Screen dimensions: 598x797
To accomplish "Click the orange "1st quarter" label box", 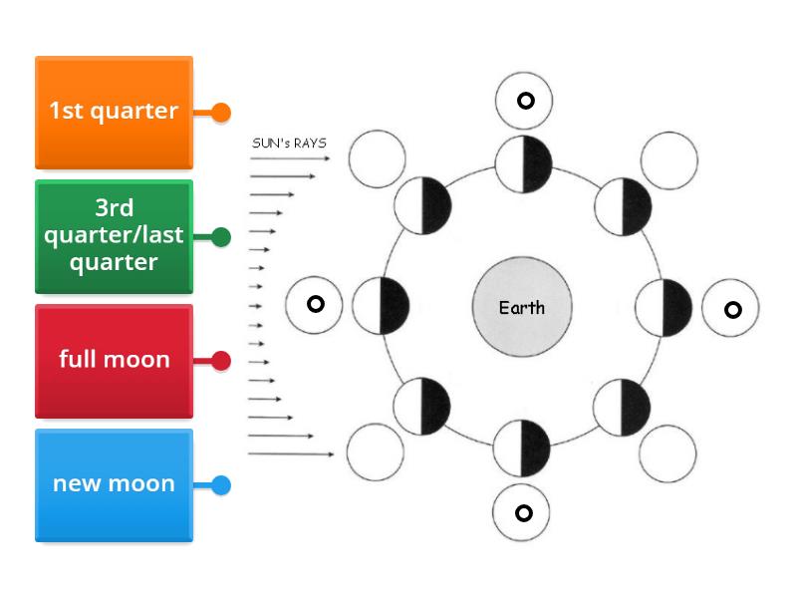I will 114,112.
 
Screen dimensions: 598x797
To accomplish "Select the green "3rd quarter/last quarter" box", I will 114,236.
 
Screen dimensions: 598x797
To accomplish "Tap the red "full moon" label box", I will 114,360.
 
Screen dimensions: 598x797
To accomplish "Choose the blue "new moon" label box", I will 114,485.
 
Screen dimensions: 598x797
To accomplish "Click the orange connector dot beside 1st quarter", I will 221,113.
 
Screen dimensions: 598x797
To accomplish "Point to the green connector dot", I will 221,237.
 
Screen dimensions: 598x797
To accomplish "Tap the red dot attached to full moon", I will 221,361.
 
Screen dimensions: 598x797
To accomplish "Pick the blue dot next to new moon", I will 221,485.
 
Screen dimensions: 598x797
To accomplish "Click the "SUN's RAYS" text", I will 288,143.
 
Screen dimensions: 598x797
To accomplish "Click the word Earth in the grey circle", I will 522,308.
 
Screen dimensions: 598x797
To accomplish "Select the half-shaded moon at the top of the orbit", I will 523,165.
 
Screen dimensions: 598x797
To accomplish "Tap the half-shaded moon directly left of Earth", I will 381,306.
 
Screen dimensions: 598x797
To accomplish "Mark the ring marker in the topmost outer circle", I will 524,101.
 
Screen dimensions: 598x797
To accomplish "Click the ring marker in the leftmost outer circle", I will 315,304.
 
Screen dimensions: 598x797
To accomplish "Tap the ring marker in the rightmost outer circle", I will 732,310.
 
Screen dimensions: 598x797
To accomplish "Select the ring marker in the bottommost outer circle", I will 523,513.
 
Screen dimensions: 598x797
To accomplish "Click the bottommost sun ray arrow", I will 291,454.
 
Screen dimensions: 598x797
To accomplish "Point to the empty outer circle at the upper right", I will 668,158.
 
